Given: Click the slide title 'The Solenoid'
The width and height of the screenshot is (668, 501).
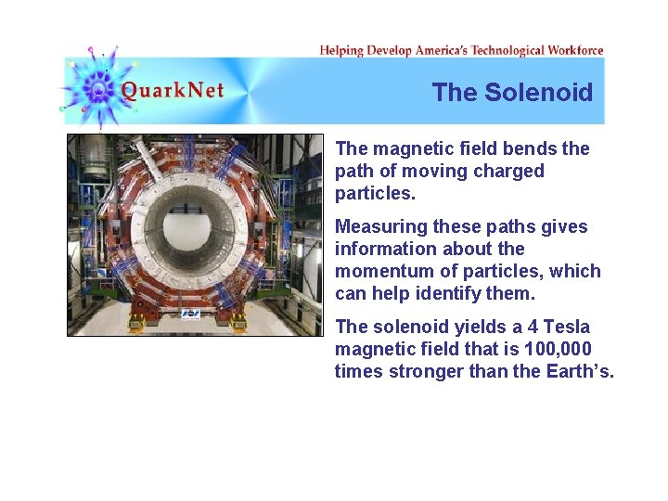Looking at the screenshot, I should [x=512, y=92].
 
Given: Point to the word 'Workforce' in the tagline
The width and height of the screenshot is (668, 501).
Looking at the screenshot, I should [x=575, y=50].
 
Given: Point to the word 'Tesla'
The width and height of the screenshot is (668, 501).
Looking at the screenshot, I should [x=566, y=327].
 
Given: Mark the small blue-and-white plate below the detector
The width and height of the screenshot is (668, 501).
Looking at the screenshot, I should [x=191, y=314].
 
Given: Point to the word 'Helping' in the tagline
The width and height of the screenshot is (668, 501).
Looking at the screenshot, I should [x=340, y=50].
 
